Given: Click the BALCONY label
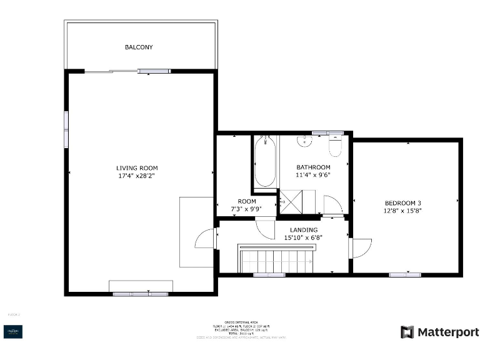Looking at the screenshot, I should point(139,47).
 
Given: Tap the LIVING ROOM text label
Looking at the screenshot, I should point(137,167).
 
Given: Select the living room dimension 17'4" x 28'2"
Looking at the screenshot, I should point(137,176).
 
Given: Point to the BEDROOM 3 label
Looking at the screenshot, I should point(402,203).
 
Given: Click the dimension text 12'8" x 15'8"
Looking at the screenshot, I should point(402,211).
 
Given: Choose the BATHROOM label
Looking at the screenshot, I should point(313,167).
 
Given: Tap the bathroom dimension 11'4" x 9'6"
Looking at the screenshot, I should point(313,175).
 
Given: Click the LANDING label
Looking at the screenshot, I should point(304,229).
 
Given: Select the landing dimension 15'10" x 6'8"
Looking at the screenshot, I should point(304,237).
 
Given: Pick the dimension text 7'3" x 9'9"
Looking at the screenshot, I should point(246,209).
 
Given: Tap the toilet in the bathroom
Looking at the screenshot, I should point(335,146).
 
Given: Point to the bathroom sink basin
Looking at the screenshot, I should point(305,141).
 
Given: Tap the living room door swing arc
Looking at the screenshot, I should point(204,239).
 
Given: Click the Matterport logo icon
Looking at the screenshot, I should point(407,332).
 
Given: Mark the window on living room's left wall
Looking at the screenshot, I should point(66,129).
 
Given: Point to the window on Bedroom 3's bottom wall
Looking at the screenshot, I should point(404,274).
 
